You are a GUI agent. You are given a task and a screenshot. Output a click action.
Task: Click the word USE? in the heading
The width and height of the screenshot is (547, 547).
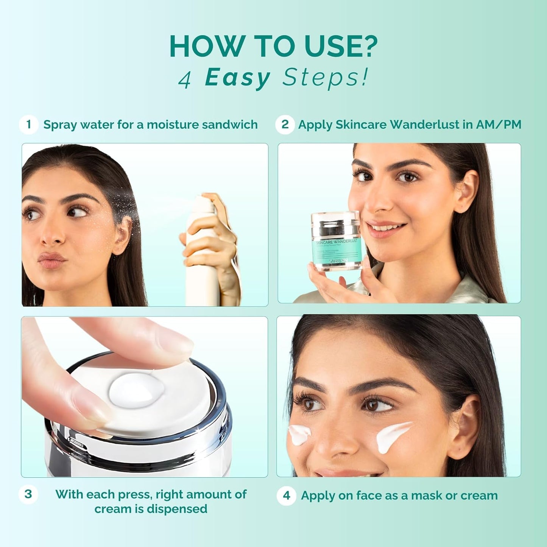point(341,47)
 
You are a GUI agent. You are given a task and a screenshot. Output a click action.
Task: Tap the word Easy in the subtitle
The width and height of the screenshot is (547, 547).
point(237,78)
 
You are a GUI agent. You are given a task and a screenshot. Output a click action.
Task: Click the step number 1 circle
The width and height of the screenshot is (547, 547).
point(28,125)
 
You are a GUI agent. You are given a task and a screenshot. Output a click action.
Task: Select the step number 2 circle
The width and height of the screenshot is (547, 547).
point(285,125)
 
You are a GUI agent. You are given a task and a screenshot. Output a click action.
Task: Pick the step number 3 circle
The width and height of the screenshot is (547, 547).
point(28,494)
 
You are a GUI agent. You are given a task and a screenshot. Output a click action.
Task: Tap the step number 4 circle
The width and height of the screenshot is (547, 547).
point(287,496)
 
